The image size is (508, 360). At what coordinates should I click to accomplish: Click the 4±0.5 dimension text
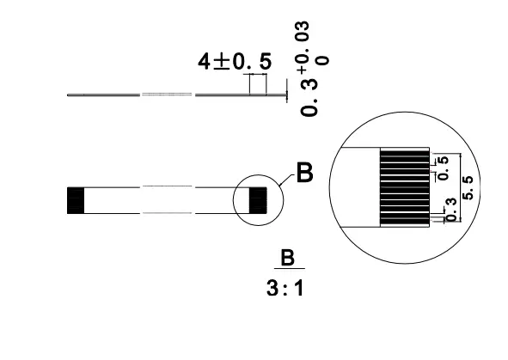[234, 62]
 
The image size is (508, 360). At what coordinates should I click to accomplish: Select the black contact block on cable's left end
[75, 199]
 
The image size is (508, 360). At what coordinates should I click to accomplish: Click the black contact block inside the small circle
[255, 199]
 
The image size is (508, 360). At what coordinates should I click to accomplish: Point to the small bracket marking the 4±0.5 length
[256, 83]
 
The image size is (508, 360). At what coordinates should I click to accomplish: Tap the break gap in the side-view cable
[168, 95]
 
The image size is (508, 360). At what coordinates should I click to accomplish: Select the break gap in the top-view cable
[168, 199]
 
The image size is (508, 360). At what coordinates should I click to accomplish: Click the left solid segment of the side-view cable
[103, 95]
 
